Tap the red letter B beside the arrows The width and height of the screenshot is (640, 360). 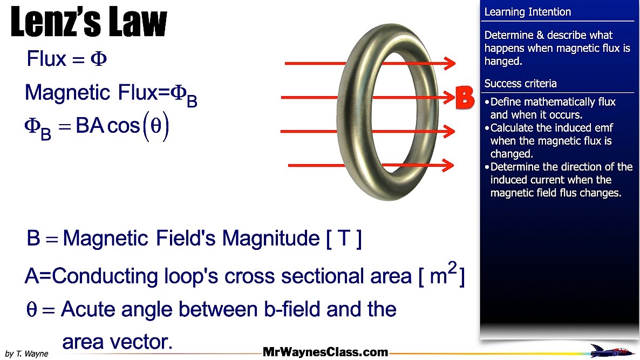point(465,98)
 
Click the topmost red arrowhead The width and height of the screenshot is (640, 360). point(450,63)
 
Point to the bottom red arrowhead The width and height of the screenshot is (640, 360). point(448,165)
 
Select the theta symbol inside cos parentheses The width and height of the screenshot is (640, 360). point(156,126)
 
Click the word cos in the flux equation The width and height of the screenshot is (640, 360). point(123,126)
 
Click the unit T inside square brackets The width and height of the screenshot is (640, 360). point(344,239)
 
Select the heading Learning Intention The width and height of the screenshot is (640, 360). point(527,12)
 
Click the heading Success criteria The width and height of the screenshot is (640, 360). point(520,84)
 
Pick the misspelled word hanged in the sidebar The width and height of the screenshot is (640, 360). point(503,61)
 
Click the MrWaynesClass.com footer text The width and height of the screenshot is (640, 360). point(325,352)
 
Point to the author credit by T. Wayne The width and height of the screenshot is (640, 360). point(26,354)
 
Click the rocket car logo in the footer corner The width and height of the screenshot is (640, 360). point(611,351)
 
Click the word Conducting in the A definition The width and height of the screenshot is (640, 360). point(105,276)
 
